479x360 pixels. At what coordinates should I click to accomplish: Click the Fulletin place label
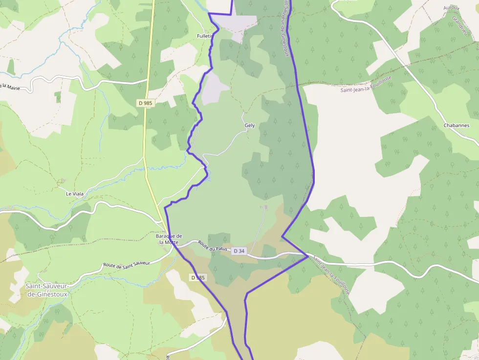(x=205, y=36)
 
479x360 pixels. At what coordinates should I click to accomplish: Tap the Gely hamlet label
(x=250, y=126)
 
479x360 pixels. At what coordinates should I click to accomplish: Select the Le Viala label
(x=75, y=194)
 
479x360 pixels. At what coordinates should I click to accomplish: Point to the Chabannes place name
(x=456, y=126)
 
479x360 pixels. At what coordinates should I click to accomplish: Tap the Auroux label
(x=451, y=8)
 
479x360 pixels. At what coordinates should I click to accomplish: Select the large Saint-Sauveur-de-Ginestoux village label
(x=47, y=290)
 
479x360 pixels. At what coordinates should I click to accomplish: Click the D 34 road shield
(x=239, y=251)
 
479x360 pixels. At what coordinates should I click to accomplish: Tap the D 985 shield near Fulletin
(x=145, y=103)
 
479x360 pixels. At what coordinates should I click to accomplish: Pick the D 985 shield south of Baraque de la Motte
(x=198, y=277)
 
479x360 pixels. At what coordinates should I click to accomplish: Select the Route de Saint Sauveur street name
(x=126, y=262)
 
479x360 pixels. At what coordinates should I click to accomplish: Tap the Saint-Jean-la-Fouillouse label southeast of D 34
(x=331, y=275)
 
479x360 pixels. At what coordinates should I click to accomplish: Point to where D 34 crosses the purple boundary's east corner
(x=307, y=255)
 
